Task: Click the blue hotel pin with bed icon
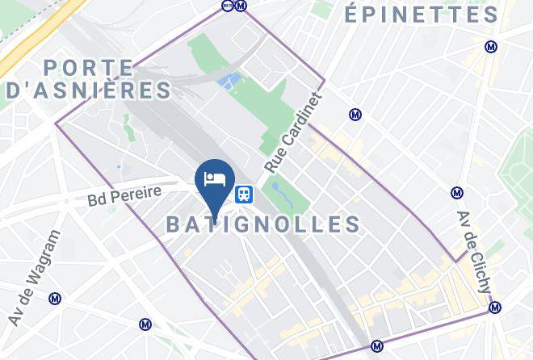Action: (x=215, y=180)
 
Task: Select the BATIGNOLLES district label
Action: (x=263, y=224)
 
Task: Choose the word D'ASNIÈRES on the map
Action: (x=89, y=90)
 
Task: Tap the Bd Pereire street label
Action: (x=124, y=195)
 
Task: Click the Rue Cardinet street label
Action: (x=293, y=133)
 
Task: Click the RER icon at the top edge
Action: (x=227, y=6)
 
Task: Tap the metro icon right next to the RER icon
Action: (x=241, y=6)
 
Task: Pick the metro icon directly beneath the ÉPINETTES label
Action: (x=491, y=47)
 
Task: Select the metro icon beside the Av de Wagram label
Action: (x=55, y=298)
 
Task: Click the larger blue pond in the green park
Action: (x=230, y=81)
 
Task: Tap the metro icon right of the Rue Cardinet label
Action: (x=355, y=115)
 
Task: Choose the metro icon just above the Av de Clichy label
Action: (x=457, y=193)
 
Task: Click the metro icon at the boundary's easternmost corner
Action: (x=495, y=307)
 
